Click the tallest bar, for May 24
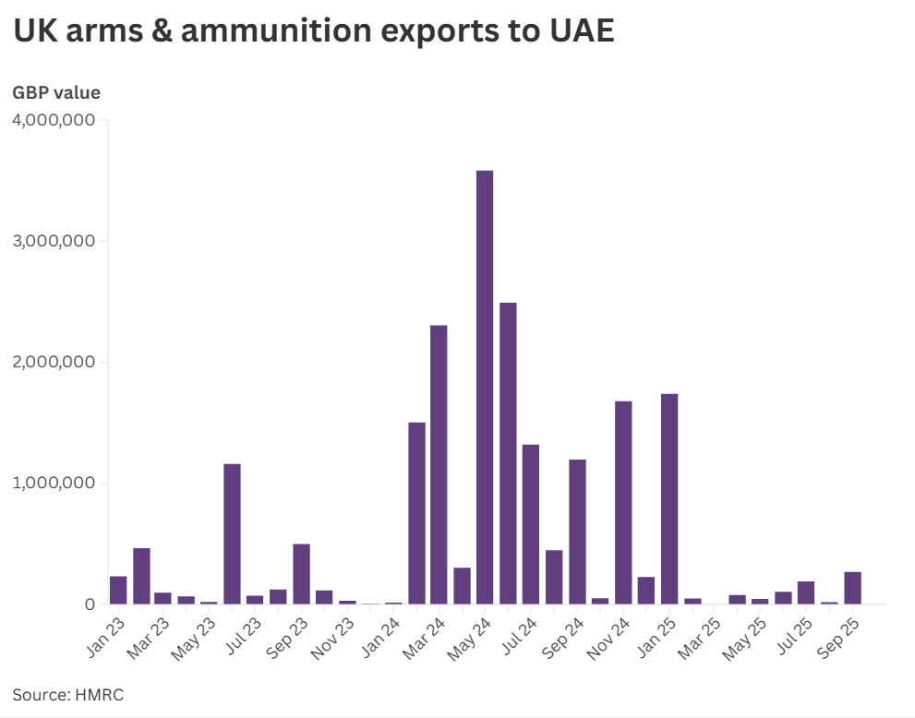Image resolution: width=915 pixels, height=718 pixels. click(x=485, y=388)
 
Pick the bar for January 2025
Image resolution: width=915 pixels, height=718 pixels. click(x=669, y=498)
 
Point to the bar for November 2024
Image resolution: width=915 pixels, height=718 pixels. click(x=623, y=502)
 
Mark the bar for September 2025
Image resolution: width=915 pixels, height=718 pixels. click(x=852, y=588)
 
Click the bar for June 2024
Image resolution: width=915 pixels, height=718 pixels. click(x=508, y=453)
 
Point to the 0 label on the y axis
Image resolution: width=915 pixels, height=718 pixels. click(x=90, y=604)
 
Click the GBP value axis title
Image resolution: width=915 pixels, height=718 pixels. click(x=56, y=92)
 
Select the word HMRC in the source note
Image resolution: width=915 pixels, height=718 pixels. click(x=101, y=695)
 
